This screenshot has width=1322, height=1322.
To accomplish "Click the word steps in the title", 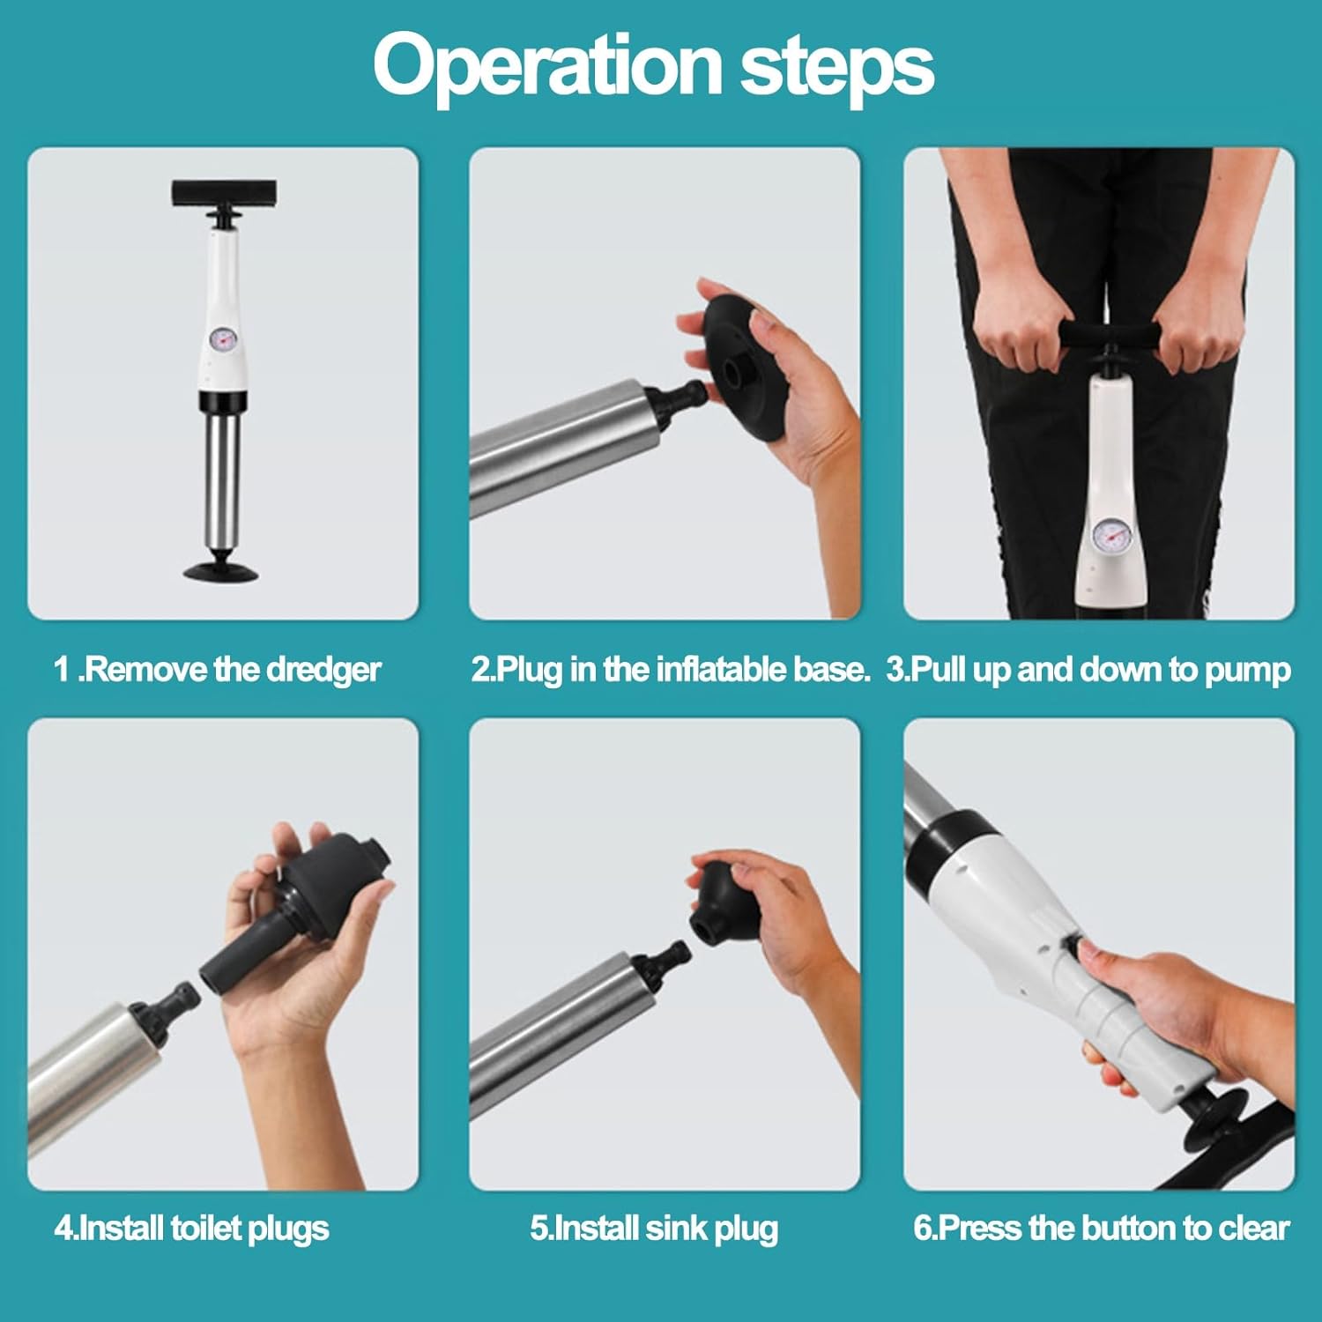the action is (x=836, y=66).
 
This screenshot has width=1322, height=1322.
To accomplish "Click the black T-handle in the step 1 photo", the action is (x=224, y=191).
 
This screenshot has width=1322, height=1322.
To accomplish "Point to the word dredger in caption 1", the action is (x=323, y=671).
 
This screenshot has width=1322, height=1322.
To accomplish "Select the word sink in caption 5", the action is (x=675, y=1228).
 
